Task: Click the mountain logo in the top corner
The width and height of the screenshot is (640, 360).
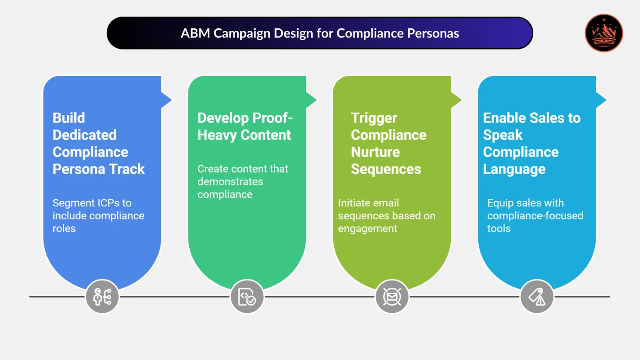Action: pos(603,33)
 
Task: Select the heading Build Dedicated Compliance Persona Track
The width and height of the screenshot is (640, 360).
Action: pos(98,143)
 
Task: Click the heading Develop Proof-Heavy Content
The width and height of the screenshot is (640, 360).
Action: pos(244,126)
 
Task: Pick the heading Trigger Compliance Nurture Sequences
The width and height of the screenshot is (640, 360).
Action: pos(388,143)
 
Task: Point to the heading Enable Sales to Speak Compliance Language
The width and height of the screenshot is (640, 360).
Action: pos(531,143)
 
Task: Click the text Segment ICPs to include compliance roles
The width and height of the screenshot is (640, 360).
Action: pos(98,215)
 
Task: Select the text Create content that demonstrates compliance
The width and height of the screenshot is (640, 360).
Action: pos(243,182)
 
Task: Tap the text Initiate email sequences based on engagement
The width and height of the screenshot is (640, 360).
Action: pos(386,215)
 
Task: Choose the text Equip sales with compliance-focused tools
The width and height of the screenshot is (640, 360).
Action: pos(535,215)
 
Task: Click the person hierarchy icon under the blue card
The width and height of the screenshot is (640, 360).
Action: pos(102,297)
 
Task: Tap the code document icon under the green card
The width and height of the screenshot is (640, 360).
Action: pos(247,297)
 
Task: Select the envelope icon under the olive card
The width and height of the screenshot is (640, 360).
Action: pos(392,297)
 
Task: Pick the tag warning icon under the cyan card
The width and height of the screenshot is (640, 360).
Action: pos(537,297)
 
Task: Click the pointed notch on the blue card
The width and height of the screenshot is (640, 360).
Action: pos(166,100)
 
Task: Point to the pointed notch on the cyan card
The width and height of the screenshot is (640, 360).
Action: pos(601,100)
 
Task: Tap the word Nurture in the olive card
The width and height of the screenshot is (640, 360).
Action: pos(375,152)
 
